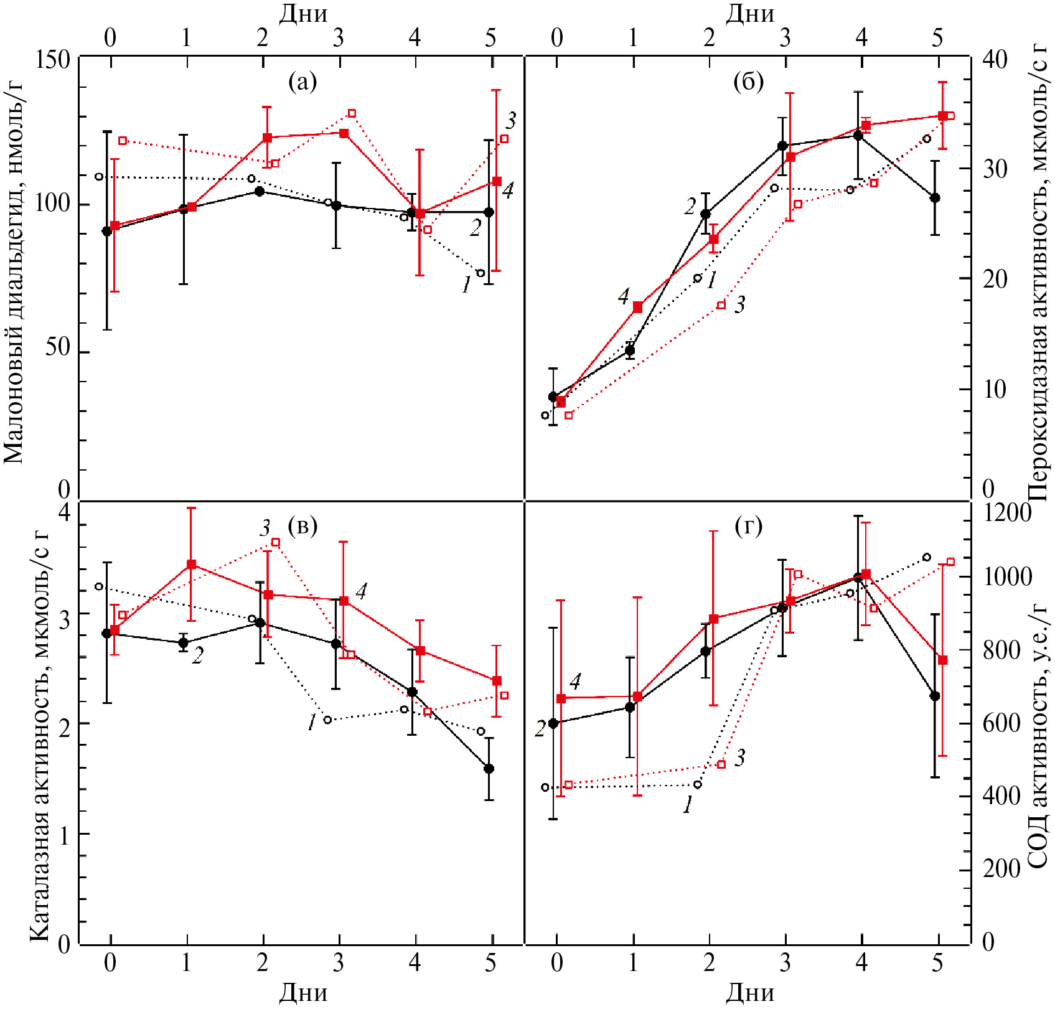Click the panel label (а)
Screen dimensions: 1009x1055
302,82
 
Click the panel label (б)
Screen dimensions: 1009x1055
748,82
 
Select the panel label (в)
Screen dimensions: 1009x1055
302,527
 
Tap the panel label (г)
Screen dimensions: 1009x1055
748,527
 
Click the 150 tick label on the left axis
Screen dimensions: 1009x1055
52,60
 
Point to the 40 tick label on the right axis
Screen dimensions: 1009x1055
995,60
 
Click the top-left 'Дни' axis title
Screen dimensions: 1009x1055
302,14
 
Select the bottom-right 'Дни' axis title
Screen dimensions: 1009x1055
749,992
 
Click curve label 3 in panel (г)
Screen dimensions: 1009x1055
739,758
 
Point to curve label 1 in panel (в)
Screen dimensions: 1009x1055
312,722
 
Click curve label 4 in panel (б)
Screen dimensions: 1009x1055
624,297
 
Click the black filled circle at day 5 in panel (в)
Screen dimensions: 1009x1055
489,769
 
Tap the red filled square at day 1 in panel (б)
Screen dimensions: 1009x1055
637,307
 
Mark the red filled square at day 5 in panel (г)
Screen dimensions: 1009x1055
942,660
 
